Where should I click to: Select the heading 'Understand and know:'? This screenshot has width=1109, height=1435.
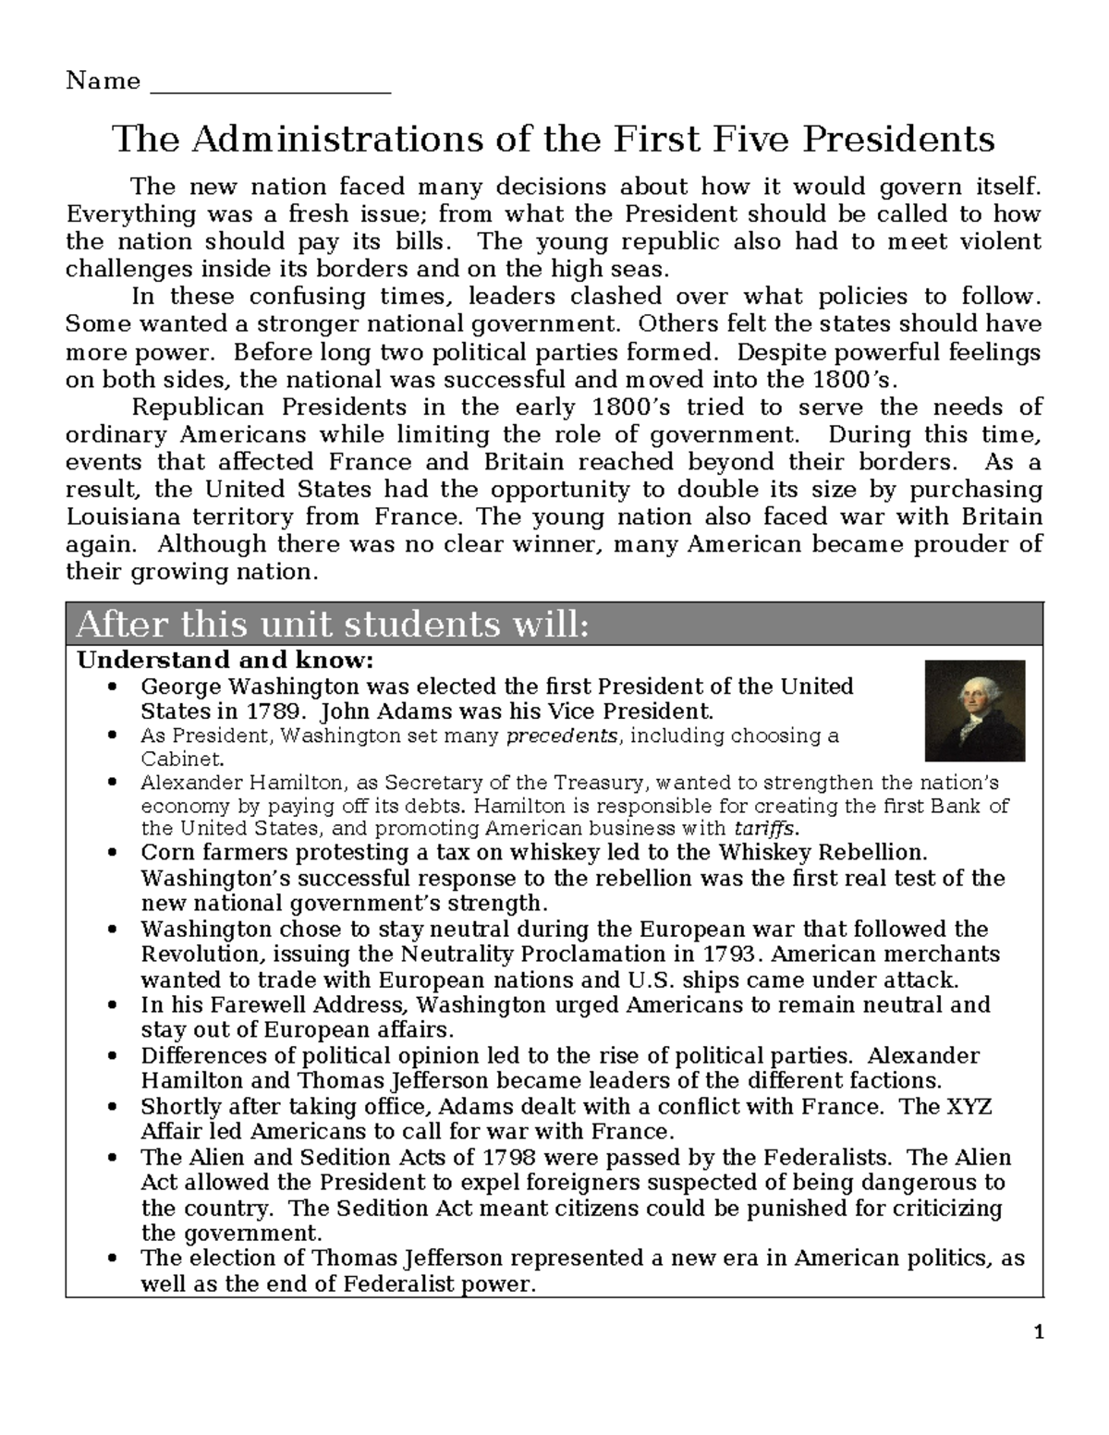pyautogui.click(x=225, y=661)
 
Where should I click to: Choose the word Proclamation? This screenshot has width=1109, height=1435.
pyautogui.click(x=615, y=954)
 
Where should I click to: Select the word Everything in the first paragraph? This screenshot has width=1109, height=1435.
pyautogui.click(x=130, y=214)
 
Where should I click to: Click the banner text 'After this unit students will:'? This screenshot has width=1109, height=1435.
pyautogui.click(x=332, y=625)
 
